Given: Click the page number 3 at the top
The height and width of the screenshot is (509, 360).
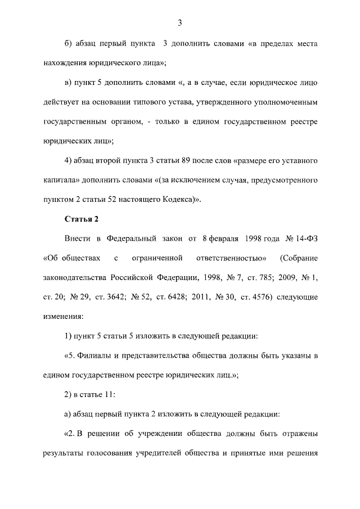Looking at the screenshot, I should (179, 22).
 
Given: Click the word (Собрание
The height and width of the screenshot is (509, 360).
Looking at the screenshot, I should (298, 258).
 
